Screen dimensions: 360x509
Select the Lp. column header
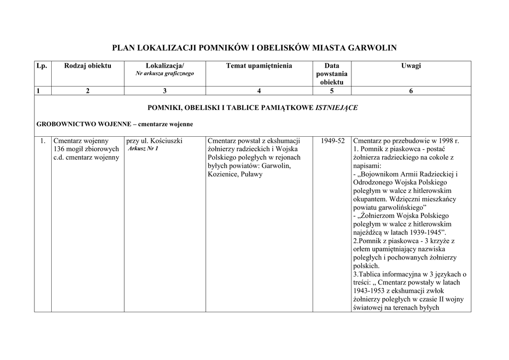(43, 66)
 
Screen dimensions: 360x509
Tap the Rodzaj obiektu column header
(88, 66)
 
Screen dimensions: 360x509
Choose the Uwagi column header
(411, 66)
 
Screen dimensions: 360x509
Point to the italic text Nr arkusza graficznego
(165, 74)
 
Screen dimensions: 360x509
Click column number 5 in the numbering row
(332, 90)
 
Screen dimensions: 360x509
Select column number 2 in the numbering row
(88, 90)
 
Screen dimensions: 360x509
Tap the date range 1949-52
(333, 141)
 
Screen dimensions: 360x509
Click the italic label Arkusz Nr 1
(143, 149)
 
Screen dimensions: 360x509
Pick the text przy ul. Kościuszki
(155, 141)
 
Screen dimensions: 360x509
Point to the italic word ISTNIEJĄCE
(337, 107)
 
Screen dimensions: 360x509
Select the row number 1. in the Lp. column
(43, 141)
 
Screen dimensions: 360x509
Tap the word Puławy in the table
(252, 175)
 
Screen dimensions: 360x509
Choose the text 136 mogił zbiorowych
(86, 149)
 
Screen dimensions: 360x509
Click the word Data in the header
(332, 66)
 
